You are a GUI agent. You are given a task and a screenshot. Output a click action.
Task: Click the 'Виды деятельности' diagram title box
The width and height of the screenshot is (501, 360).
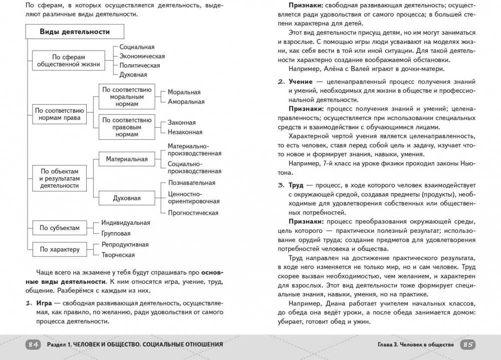tap(75, 32)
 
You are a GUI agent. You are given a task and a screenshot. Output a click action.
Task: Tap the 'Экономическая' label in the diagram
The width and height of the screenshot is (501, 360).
tap(142, 56)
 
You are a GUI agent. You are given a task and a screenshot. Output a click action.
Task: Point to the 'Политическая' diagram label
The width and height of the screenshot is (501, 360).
tap(140, 65)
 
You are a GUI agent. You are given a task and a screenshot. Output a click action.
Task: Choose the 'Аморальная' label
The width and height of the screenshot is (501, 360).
tap(186, 102)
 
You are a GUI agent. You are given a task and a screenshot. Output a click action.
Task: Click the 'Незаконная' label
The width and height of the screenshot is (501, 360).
tap(185, 132)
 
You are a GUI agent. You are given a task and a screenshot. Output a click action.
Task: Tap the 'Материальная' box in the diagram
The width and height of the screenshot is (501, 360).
tap(127, 159)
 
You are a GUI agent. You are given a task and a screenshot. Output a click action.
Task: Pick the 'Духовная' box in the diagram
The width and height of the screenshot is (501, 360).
tap(127, 198)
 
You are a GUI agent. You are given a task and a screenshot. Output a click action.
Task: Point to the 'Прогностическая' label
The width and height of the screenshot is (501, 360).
tap(193, 213)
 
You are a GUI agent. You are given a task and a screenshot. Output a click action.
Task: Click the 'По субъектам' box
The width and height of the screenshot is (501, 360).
tap(60, 228)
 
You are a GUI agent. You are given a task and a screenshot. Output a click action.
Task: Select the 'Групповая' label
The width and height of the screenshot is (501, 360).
tap(116, 233)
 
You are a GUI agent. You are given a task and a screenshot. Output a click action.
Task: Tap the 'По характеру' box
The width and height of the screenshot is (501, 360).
tap(60, 249)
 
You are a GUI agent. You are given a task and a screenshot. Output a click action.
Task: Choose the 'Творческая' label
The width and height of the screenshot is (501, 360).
tap(118, 255)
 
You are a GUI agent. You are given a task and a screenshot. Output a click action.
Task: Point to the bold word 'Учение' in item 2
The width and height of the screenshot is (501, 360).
tap(300, 82)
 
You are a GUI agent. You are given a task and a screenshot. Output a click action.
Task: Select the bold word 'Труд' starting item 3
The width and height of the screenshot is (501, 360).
tap(296, 185)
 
